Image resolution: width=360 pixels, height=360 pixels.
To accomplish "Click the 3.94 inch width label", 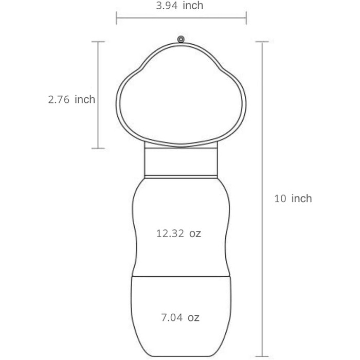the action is (x=179, y=6).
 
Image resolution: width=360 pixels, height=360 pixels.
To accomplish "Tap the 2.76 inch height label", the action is (x=71, y=99).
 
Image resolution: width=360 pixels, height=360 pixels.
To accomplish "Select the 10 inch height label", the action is (x=293, y=199).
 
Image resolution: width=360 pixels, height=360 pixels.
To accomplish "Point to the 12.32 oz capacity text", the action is (x=178, y=233).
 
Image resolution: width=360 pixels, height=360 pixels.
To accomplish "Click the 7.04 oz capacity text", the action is (x=180, y=317).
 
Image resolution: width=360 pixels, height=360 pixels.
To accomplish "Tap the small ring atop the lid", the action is (x=181, y=39).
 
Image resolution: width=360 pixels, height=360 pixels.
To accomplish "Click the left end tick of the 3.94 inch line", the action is (x=116, y=17).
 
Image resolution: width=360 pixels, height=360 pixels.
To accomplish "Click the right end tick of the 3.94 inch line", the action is (x=246, y=17).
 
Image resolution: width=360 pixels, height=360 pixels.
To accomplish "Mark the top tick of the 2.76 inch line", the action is (x=98, y=42).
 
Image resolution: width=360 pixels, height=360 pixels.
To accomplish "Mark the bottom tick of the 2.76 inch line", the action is (x=98, y=148).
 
